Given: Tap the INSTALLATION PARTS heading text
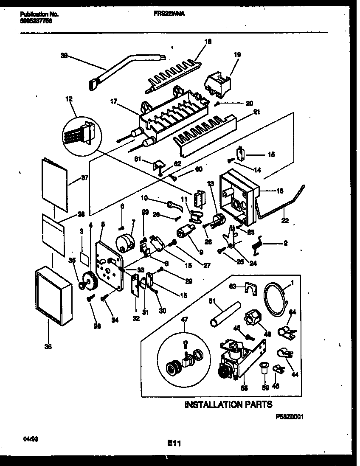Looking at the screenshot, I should click(228, 404).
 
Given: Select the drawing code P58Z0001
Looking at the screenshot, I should click(290, 418).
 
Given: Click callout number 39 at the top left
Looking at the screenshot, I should click(64, 55).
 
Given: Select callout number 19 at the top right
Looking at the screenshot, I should click(237, 55).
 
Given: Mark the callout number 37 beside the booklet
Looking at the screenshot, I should click(84, 178).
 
